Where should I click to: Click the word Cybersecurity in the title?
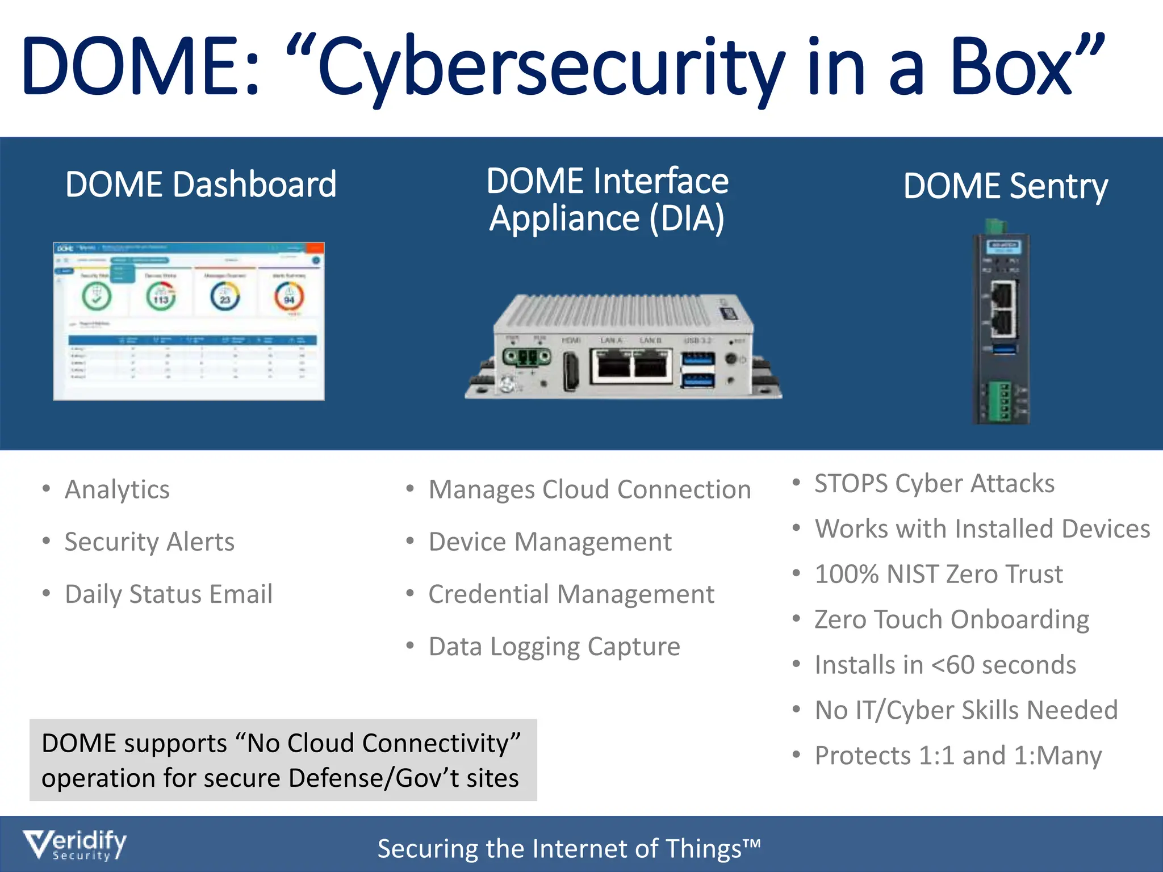click(551, 68)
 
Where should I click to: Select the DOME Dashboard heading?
click(200, 185)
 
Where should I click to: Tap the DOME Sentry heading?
click(1005, 186)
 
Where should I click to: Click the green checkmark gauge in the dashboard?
click(97, 296)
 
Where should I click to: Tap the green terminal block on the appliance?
click(527, 358)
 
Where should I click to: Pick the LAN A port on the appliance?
click(612, 367)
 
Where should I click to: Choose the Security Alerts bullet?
click(149, 542)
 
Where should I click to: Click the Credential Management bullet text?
click(571, 594)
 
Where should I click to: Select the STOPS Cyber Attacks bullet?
click(934, 484)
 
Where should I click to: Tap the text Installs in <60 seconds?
click(945, 665)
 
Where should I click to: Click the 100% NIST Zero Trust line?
click(938, 574)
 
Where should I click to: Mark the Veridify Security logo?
click(74, 845)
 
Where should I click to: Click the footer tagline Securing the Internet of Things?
click(568, 849)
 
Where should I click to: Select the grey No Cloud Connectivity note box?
click(283, 760)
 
